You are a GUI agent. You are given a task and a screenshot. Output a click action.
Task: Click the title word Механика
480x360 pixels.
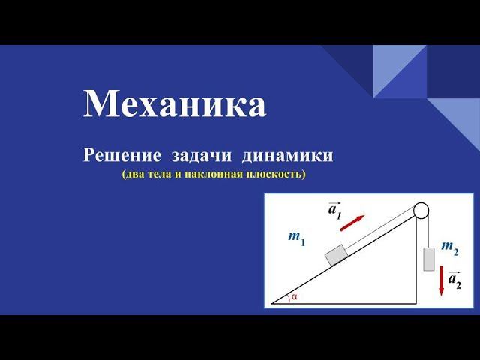(x=174, y=104)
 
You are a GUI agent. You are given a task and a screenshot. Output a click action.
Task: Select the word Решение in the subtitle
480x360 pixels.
(x=121, y=156)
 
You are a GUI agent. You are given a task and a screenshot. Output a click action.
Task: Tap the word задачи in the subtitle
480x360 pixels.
(x=202, y=156)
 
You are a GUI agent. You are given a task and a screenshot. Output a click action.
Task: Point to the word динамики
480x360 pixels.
(x=286, y=156)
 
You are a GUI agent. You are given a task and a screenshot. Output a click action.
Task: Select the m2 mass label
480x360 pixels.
(x=451, y=246)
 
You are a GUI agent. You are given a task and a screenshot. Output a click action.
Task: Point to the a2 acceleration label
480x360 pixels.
(x=454, y=280)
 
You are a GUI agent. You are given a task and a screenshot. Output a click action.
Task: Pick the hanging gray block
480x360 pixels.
(x=429, y=258)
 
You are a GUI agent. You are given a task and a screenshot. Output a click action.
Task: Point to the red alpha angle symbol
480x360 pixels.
(x=295, y=297)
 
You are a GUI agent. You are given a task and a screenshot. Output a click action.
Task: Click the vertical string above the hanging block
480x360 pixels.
(x=429, y=229)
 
